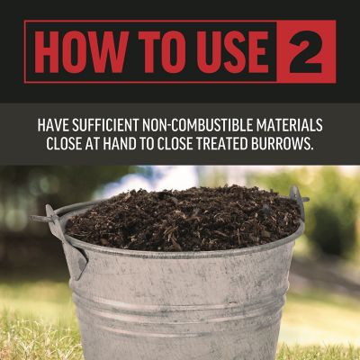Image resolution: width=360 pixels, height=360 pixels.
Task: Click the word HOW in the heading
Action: pyautogui.click(x=79, y=54)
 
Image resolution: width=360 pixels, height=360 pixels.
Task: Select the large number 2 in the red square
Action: pyautogui.click(x=306, y=53)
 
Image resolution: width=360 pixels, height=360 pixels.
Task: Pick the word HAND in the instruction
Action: pyautogui.click(x=135, y=144)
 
